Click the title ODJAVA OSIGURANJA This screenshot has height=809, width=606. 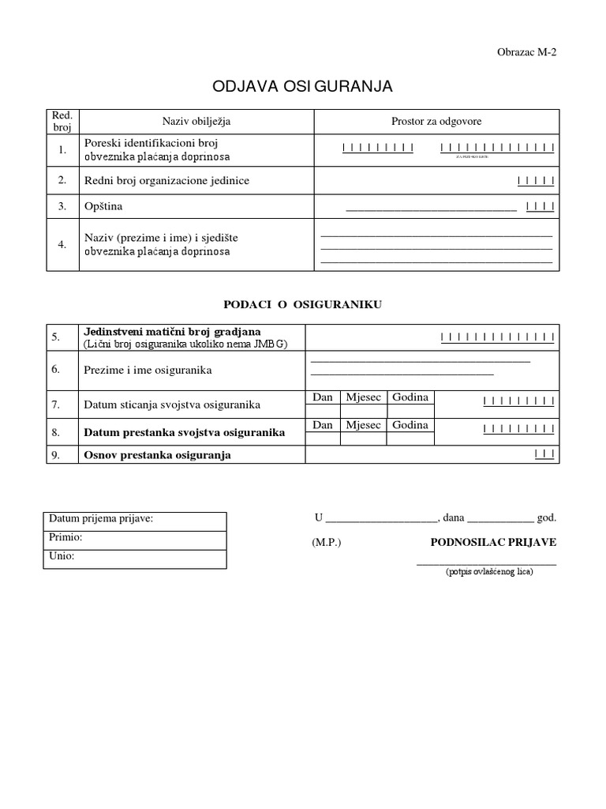(302, 86)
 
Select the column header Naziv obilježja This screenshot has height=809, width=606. (196, 121)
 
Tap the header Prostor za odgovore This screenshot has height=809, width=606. (436, 121)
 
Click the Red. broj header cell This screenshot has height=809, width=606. (62, 121)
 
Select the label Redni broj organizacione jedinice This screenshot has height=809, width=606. (166, 180)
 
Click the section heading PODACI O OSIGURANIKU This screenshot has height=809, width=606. (302, 304)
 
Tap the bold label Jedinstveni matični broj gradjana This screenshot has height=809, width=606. (172, 331)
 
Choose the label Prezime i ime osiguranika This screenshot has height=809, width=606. (148, 370)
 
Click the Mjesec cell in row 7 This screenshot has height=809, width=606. (363, 397)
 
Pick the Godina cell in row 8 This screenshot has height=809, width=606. (410, 425)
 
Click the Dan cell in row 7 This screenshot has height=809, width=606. (322, 397)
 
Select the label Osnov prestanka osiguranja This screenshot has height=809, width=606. (157, 455)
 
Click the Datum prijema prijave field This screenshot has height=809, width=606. (134, 519)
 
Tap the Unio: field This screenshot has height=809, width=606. (134, 557)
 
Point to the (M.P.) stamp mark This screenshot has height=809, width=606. (327, 543)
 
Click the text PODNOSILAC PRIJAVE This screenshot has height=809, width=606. (493, 543)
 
